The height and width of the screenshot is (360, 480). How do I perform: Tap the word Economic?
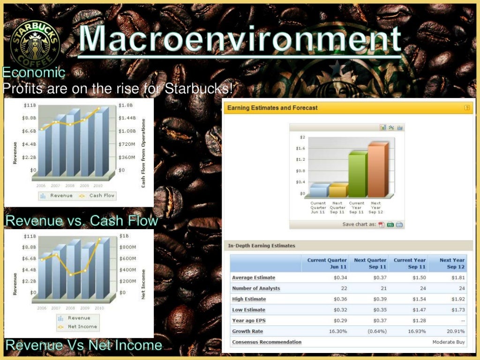tap(33, 73)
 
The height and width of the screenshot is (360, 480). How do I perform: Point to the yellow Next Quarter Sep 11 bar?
tap(337, 190)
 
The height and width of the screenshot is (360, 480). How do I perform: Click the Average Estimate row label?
tap(254, 277)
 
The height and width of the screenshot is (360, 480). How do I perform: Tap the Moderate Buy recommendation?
tap(449, 342)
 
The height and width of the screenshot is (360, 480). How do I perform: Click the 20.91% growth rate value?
tap(455, 331)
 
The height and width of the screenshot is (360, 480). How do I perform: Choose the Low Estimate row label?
tap(248, 310)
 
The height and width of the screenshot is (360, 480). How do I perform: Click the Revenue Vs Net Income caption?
tap(84, 346)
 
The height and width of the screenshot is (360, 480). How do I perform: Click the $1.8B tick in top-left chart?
tap(126, 105)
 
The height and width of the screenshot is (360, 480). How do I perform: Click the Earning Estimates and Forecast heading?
tap(272, 108)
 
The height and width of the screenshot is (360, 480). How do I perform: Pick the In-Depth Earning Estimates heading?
tap(262, 246)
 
